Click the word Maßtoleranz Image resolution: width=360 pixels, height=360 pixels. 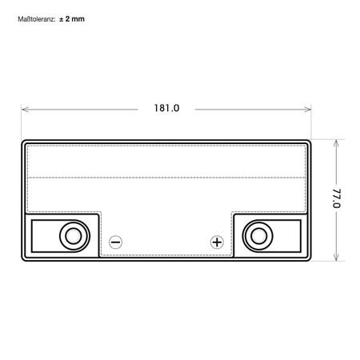(x=35, y=18)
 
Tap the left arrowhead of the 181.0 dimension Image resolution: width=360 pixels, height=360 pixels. (x=24, y=107)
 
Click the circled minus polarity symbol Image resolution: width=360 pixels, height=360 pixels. (x=115, y=241)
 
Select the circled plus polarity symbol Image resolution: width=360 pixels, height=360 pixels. (x=216, y=241)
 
